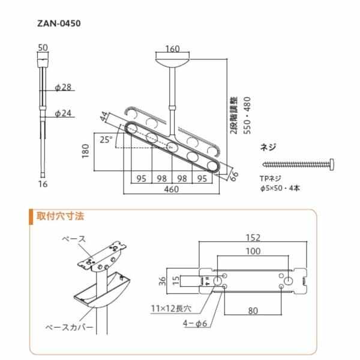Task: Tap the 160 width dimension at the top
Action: click(173, 49)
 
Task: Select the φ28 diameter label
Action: click(63, 88)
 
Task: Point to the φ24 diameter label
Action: click(63, 112)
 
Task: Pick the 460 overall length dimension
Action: click(172, 190)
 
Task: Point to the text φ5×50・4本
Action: click(279, 188)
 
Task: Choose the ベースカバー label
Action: click(70, 328)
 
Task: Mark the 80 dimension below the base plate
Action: click(252, 311)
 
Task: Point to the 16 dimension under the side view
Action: click(41, 184)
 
